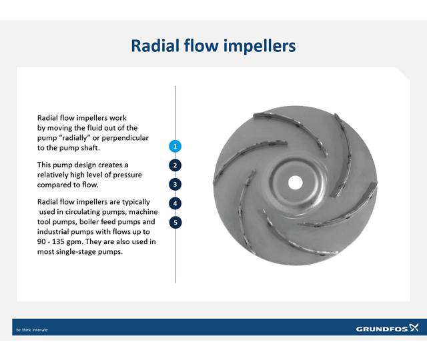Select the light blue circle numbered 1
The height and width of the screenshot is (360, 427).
[x=175, y=146]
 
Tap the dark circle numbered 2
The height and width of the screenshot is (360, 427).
[x=175, y=165]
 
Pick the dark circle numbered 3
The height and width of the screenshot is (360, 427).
[x=175, y=184]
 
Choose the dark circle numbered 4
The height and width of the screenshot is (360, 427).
[x=175, y=203]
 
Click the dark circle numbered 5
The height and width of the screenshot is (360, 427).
[x=175, y=222]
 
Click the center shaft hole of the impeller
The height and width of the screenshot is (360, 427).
[x=294, y=181]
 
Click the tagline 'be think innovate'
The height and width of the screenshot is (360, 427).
[x=32, y=329]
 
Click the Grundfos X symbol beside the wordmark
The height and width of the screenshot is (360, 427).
[x=414, y=328]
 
